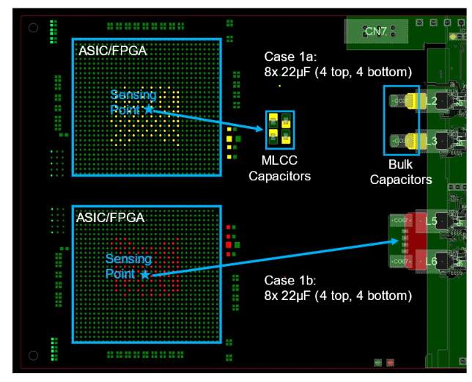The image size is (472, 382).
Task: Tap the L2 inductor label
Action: (x=432, y=100)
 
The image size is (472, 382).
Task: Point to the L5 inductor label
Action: (x=432, y=221)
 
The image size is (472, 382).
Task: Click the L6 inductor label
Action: (x=432, y=260)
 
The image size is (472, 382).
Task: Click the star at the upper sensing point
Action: (x=148, y=109)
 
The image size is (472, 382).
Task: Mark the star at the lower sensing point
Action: (x=144, y=274)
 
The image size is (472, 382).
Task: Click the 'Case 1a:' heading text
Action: (x=287, y=57)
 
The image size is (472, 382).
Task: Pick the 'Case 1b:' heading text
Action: (x=287, y=281)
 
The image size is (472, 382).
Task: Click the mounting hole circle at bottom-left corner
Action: (x=33, y=355)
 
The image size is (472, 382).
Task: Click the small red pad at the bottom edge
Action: (x=389, y=362)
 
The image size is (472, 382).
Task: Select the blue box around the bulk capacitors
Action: (x=401, y=121)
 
